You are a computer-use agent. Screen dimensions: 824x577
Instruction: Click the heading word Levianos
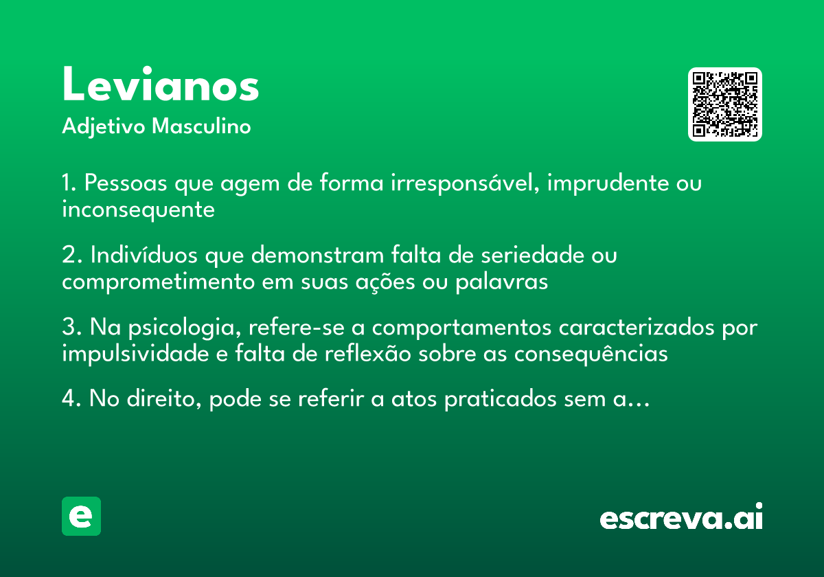pos(161,84)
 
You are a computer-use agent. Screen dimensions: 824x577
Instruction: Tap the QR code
pos(724,104)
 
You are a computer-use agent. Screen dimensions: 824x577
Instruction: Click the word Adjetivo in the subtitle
pos(104,127)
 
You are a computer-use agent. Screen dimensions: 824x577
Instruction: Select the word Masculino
pos(201,126)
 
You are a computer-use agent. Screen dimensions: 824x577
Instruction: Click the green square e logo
pos(81,516)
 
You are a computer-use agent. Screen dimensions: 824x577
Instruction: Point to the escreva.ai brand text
pos(681,517)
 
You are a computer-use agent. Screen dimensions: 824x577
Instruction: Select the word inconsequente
pos(138,210)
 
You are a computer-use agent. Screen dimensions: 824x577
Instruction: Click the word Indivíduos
pos(144,255)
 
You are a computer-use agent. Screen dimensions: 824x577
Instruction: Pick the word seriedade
pos(532,255)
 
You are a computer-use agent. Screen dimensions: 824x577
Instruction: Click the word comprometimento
pos(158,282)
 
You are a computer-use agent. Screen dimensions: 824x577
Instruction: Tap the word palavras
pos(502,282)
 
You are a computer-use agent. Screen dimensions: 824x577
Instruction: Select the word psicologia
pos(185,328)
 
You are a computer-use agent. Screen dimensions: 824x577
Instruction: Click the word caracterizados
pos(637,327)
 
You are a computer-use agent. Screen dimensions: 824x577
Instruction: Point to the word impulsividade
pos(135,354)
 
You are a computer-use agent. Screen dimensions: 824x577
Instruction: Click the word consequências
pos(591,354)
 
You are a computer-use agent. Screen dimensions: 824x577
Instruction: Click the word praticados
pos(501,399)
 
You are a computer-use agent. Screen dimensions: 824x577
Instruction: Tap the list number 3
pos(71,327)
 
